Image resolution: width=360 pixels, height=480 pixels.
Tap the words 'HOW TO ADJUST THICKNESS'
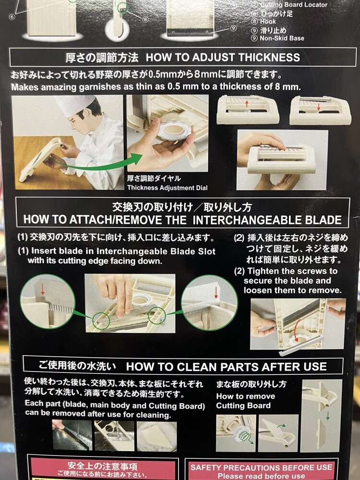pyautogui.click(x=223, y=58)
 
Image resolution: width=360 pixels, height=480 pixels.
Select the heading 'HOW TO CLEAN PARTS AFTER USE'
pyautogui.click(x=226, y=367)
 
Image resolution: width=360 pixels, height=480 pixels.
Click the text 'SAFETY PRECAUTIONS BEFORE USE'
pyautogui.click(x=261, y=467)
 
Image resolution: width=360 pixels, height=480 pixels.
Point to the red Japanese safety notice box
pyautogui.click(x=101, y=469)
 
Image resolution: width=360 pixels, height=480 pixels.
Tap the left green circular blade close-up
pyautogui.click(x=47, y=301)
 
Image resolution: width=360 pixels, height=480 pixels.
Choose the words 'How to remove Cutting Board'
pyautogui.click(x=245, y=401)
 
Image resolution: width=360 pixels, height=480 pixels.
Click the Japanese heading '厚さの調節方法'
pyautogui.click(x=102, y=58)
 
